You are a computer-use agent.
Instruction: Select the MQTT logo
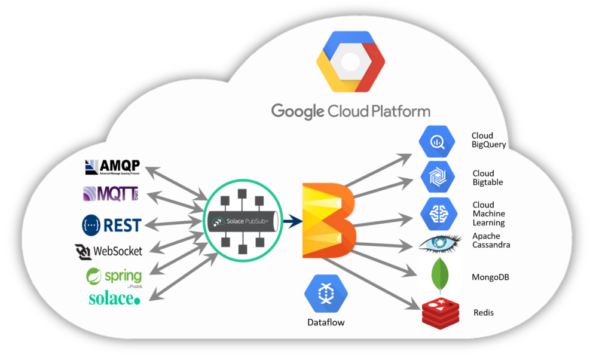pyautogui.click(x=111, y=194)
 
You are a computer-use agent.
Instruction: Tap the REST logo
pyautogui.click(x=111, y=224)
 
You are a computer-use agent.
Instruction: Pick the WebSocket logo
pyautogui.click(x=109, y=251)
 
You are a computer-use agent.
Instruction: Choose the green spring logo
pyautogui.click(x=114, y=276)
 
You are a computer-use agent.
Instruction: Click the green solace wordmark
pyautogui.click(x=114, y=299)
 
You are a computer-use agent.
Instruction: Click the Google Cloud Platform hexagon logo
pyautogui.click(x=350, y=62)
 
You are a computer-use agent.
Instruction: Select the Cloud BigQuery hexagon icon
pyautogui.click(x=438, y=142)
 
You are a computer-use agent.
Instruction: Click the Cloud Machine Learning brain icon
pyautogui.click(x=438, y=213)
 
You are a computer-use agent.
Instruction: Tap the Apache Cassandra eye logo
pyautogui.click(x=439, y=243)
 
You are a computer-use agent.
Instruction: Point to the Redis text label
pyautogui.click(x=483, y=313)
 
